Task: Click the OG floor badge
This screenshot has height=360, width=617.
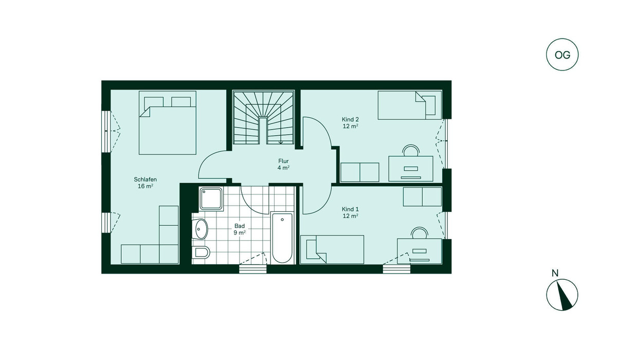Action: point(562,55)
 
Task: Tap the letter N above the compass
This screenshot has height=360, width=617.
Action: point(555,273)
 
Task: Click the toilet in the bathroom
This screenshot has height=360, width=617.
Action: point(201,252)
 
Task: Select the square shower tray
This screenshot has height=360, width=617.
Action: point(211,199)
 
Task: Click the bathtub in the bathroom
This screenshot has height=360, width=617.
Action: point(282,238)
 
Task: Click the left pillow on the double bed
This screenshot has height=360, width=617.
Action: point(154,102)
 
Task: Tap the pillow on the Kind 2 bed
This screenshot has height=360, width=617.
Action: point(430,105)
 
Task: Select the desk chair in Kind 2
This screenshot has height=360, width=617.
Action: point(411,150)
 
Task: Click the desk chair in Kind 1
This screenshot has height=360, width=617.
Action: point(420,233)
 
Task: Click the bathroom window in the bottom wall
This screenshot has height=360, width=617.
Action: point(253,269)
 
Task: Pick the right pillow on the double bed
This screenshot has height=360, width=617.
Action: point(181,102)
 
